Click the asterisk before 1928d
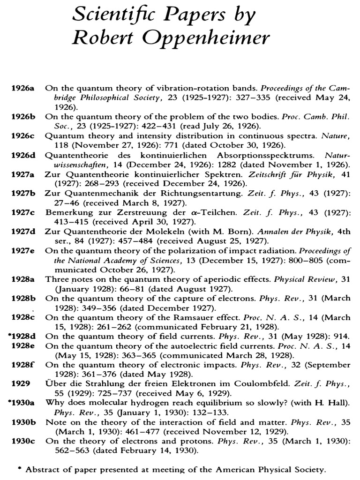click(x=10, y=336)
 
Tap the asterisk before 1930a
click(x=10, y=403)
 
